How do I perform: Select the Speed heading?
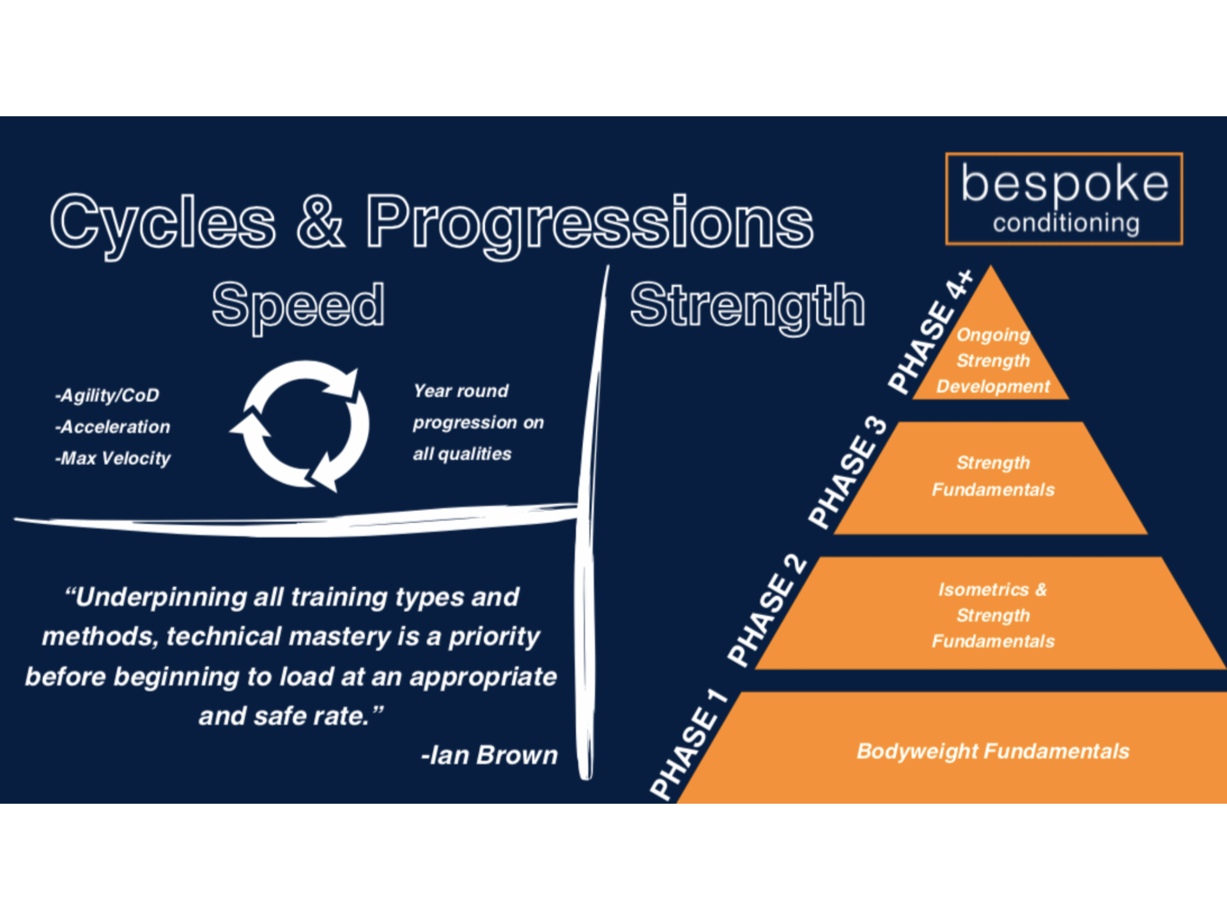298,305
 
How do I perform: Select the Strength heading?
747,305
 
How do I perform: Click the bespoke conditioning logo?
1064,199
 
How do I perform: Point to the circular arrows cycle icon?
300,425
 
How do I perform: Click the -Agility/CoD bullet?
107,395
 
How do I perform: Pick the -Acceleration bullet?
113,427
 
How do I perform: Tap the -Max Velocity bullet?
113,458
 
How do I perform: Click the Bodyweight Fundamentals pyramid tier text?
993,751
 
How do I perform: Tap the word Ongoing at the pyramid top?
993,335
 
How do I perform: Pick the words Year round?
461,391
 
